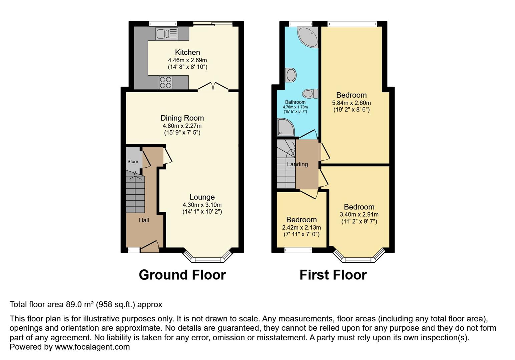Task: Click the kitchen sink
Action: click(x=167, y=34)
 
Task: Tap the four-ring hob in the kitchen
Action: click(x=165, y=83)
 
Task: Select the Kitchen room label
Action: click(x=187, y=52)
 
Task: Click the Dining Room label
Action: click(x=182, y=118)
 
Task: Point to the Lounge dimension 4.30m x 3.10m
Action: click(x=202, y=205)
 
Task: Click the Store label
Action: click(x=133, y=162)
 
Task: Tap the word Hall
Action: click(x=144, y=220)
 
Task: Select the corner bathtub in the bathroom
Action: click(x=308, y=37)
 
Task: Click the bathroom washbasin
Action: click(x=291, y=75)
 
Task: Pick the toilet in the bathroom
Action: click(x=310, y=94)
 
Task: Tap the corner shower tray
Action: click(x=286, y=127)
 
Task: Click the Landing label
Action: click(x=297, y=164)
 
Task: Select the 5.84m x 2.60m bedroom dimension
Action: click(x=351, y=103)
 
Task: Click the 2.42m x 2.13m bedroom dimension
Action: click(x=302, y=228)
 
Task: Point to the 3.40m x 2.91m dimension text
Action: click(x=359, y=215)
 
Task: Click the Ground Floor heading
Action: click(x=182, y=275)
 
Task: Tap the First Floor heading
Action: click(x=333, y=275)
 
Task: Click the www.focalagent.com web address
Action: click(x=92, y=347)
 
